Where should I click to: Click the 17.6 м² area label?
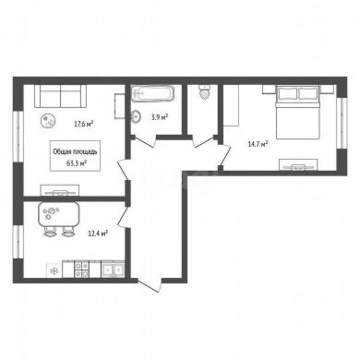pos(83,124)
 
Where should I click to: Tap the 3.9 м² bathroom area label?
pos(160,116)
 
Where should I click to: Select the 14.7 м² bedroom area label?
pos(258,144)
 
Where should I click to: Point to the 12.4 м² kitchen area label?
pos(98,234)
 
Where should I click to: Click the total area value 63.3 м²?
pos(76,163)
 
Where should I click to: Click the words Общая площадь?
pos(76,151)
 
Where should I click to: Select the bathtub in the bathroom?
pos(153,93)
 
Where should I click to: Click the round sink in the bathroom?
pos(136,116)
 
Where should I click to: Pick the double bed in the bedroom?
pos(297,112)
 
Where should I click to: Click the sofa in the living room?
pos(60,96)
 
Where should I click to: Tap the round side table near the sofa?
pos(48,121)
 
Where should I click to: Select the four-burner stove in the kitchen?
pos(82,270)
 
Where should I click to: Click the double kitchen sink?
pos(113,270)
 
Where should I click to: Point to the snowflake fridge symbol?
pos(54,270)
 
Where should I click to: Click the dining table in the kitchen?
pos(59,214)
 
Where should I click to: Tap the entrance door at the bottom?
pos(150,285)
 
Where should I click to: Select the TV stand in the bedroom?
pos(298,164)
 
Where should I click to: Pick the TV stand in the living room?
pos(60,190)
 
